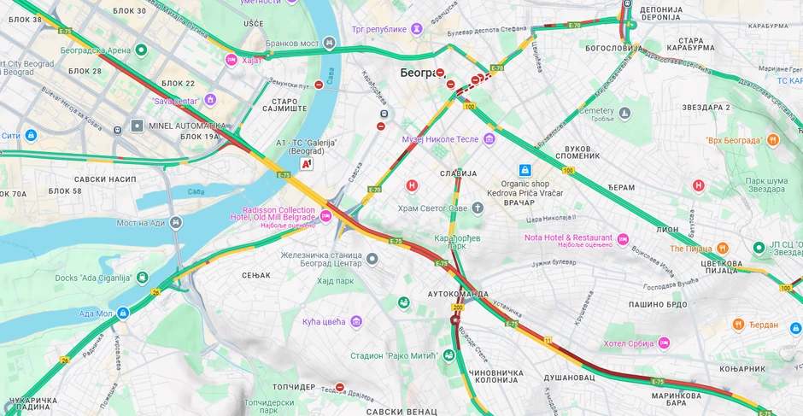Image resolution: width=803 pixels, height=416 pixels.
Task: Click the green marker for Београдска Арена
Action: (141, 50)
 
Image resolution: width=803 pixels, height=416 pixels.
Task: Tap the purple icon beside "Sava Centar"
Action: (209, 101)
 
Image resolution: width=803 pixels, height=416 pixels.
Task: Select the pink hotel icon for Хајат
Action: (231, 60)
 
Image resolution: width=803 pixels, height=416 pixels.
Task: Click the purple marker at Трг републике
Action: (416, 29)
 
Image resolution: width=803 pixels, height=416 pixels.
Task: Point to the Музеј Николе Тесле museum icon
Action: (489, 138)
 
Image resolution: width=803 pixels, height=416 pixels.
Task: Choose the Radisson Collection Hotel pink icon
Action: (325, 217)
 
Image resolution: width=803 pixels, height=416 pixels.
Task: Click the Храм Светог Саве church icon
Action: (478, 208)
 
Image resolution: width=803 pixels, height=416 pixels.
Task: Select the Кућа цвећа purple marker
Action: (356, 321)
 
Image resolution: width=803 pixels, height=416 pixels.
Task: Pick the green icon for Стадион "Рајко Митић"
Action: (448, 354)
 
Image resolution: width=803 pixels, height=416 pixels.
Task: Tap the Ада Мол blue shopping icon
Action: (123, 313)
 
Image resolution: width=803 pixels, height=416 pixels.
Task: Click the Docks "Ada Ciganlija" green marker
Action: (141, 278)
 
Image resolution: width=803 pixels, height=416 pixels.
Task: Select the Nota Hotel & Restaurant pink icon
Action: (623, 238)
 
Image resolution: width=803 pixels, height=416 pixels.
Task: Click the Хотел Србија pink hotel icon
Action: (663, 343)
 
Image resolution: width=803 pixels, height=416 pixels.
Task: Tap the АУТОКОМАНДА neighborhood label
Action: (458, 293)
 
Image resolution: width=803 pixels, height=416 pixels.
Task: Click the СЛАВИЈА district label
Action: (459, 173)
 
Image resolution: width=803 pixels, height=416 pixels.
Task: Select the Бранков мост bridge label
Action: (291, 44)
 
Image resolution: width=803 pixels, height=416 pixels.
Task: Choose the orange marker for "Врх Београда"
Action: (772, 139)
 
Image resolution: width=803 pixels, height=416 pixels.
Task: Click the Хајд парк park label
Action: (336, 280)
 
